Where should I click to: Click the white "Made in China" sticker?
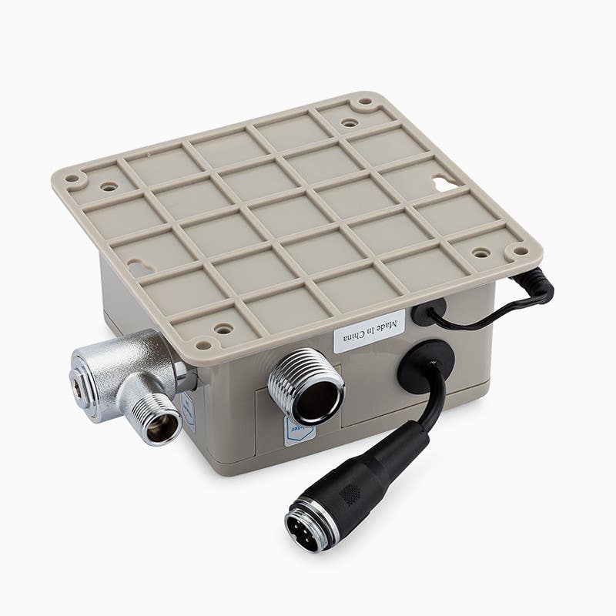click(x=370, y=331)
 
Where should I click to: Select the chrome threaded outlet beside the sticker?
click(x=306, y=384)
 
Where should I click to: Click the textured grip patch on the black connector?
click(x=351, y=493)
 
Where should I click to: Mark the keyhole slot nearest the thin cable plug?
click(x=444, y=184)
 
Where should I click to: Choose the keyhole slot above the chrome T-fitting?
click(x=139, y=268)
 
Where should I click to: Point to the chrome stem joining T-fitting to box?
click(x=185, y=375)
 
